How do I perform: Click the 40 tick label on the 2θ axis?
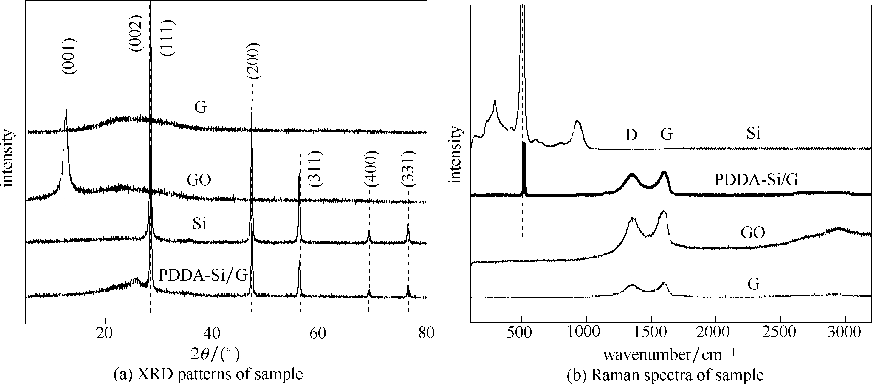click(213, 334)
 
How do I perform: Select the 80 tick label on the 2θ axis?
click(426, 334)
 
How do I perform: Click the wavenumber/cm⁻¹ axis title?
click(669, 354)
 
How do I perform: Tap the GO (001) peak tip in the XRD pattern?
click(66, 109)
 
